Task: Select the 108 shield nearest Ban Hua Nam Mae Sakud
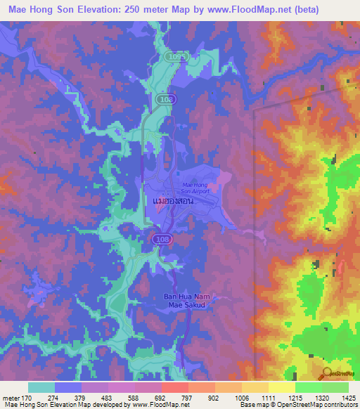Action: point(160,240)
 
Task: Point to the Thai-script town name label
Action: point(173,200)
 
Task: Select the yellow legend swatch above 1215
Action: point(281,387)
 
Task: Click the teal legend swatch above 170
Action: point(41,387)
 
